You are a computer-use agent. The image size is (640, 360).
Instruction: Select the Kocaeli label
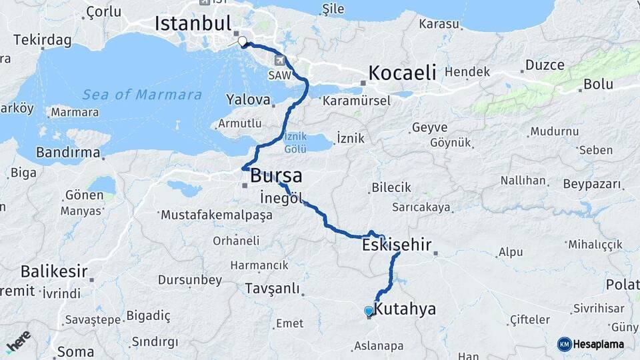coord(402,72)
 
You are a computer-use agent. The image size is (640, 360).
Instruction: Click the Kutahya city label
coord(405,309)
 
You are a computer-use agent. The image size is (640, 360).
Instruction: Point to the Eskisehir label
coord(397,245)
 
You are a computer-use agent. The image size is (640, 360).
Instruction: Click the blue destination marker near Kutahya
coord(369,311)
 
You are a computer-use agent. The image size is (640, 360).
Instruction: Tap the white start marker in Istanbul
coord(242,40)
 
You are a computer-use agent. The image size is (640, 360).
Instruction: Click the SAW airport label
coord(280,75)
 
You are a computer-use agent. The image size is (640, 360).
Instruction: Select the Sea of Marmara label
coord(141,95)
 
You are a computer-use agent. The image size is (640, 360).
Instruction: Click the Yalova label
coord(249,101)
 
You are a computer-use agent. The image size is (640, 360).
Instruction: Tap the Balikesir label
coord(54,271)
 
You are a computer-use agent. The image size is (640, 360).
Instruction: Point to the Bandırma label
coord(68,153)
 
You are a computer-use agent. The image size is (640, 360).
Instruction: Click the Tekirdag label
coord(42,39)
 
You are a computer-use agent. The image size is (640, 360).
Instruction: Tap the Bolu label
coord(598,85)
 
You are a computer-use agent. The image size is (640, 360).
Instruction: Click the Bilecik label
coord(391,187)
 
